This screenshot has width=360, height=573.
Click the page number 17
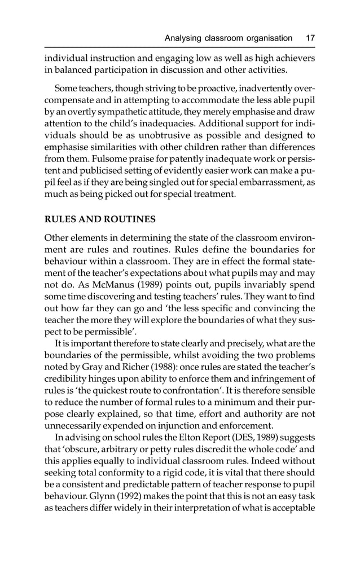pos(310,38)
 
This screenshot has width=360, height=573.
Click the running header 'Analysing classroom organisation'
pos(228,38)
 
